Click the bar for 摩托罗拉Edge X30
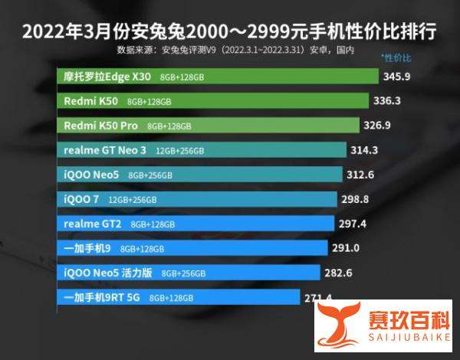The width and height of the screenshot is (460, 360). coord(218,77)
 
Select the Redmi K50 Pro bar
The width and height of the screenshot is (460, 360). coord(208,125)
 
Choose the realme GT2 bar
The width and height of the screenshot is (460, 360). coord(195,223)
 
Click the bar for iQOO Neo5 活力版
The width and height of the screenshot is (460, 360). coord(188,272)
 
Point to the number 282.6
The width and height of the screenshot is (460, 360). coord(344,272)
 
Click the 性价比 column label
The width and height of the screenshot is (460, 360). coord(397,57)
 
